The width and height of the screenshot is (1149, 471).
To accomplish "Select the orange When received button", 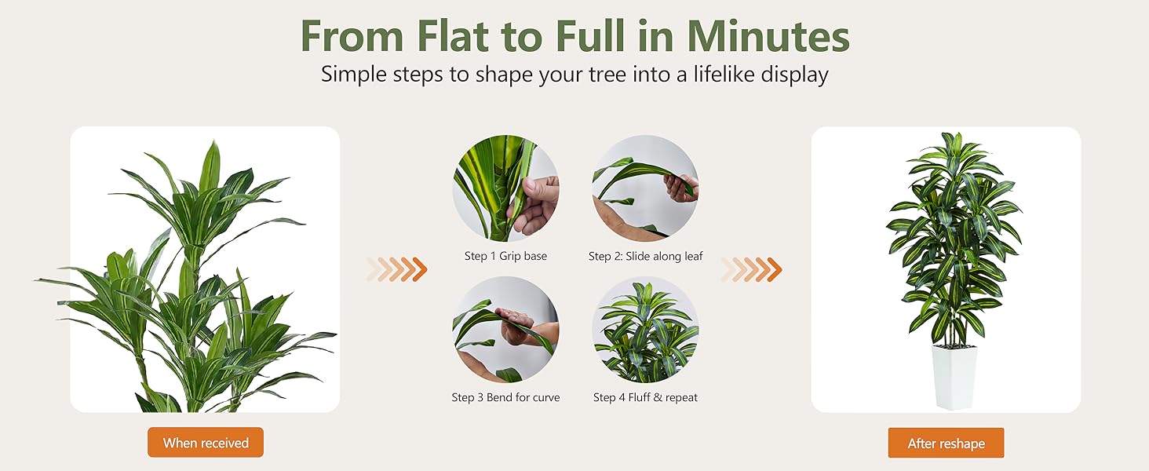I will [206, 443].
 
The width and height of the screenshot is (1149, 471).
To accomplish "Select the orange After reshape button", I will [946, 443].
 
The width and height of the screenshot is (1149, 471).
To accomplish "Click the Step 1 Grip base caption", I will [505, 256].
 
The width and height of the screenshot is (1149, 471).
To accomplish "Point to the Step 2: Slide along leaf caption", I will [646, 256].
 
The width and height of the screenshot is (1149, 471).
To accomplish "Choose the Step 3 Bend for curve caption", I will [505, 397].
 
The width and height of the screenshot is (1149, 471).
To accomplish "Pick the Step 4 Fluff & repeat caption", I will [646, 397].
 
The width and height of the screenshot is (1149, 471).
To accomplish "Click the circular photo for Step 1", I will [505, 188].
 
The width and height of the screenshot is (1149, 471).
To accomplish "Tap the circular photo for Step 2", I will [646, 188].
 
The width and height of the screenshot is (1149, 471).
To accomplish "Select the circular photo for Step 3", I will [505, 330].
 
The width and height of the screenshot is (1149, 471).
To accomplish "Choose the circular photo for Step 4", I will [646, 330].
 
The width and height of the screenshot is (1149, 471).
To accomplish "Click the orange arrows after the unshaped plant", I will [396, 269].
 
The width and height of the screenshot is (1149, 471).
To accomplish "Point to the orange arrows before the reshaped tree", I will [751, 269].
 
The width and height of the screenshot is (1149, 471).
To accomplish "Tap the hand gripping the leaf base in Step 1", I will [535, 206].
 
